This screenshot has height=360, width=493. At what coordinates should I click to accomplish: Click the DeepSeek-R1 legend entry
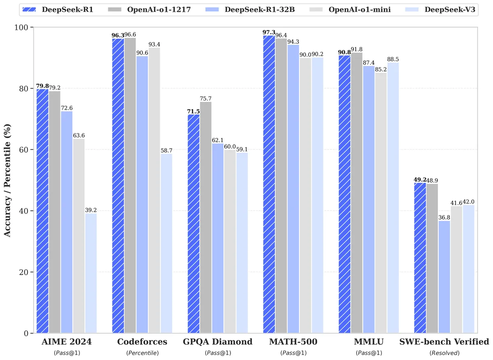click(58, 9)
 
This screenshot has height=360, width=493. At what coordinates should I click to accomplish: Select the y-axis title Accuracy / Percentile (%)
click(7, 181)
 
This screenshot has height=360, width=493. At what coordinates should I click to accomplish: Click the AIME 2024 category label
click(67, 342)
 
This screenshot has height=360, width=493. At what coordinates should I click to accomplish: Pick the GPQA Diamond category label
click(218, 342)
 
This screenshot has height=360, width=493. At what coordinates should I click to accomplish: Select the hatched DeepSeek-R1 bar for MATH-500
click(269, 185)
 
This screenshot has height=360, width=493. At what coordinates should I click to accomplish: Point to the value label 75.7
click(205, 99)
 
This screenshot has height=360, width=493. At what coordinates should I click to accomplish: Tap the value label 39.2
click(91, 210)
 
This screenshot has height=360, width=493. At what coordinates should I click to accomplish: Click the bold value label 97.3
click(269, 32)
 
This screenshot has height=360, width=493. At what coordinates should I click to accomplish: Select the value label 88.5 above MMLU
click(392, 60)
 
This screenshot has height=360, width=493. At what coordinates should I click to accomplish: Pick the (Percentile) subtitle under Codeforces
click(142, 353)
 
